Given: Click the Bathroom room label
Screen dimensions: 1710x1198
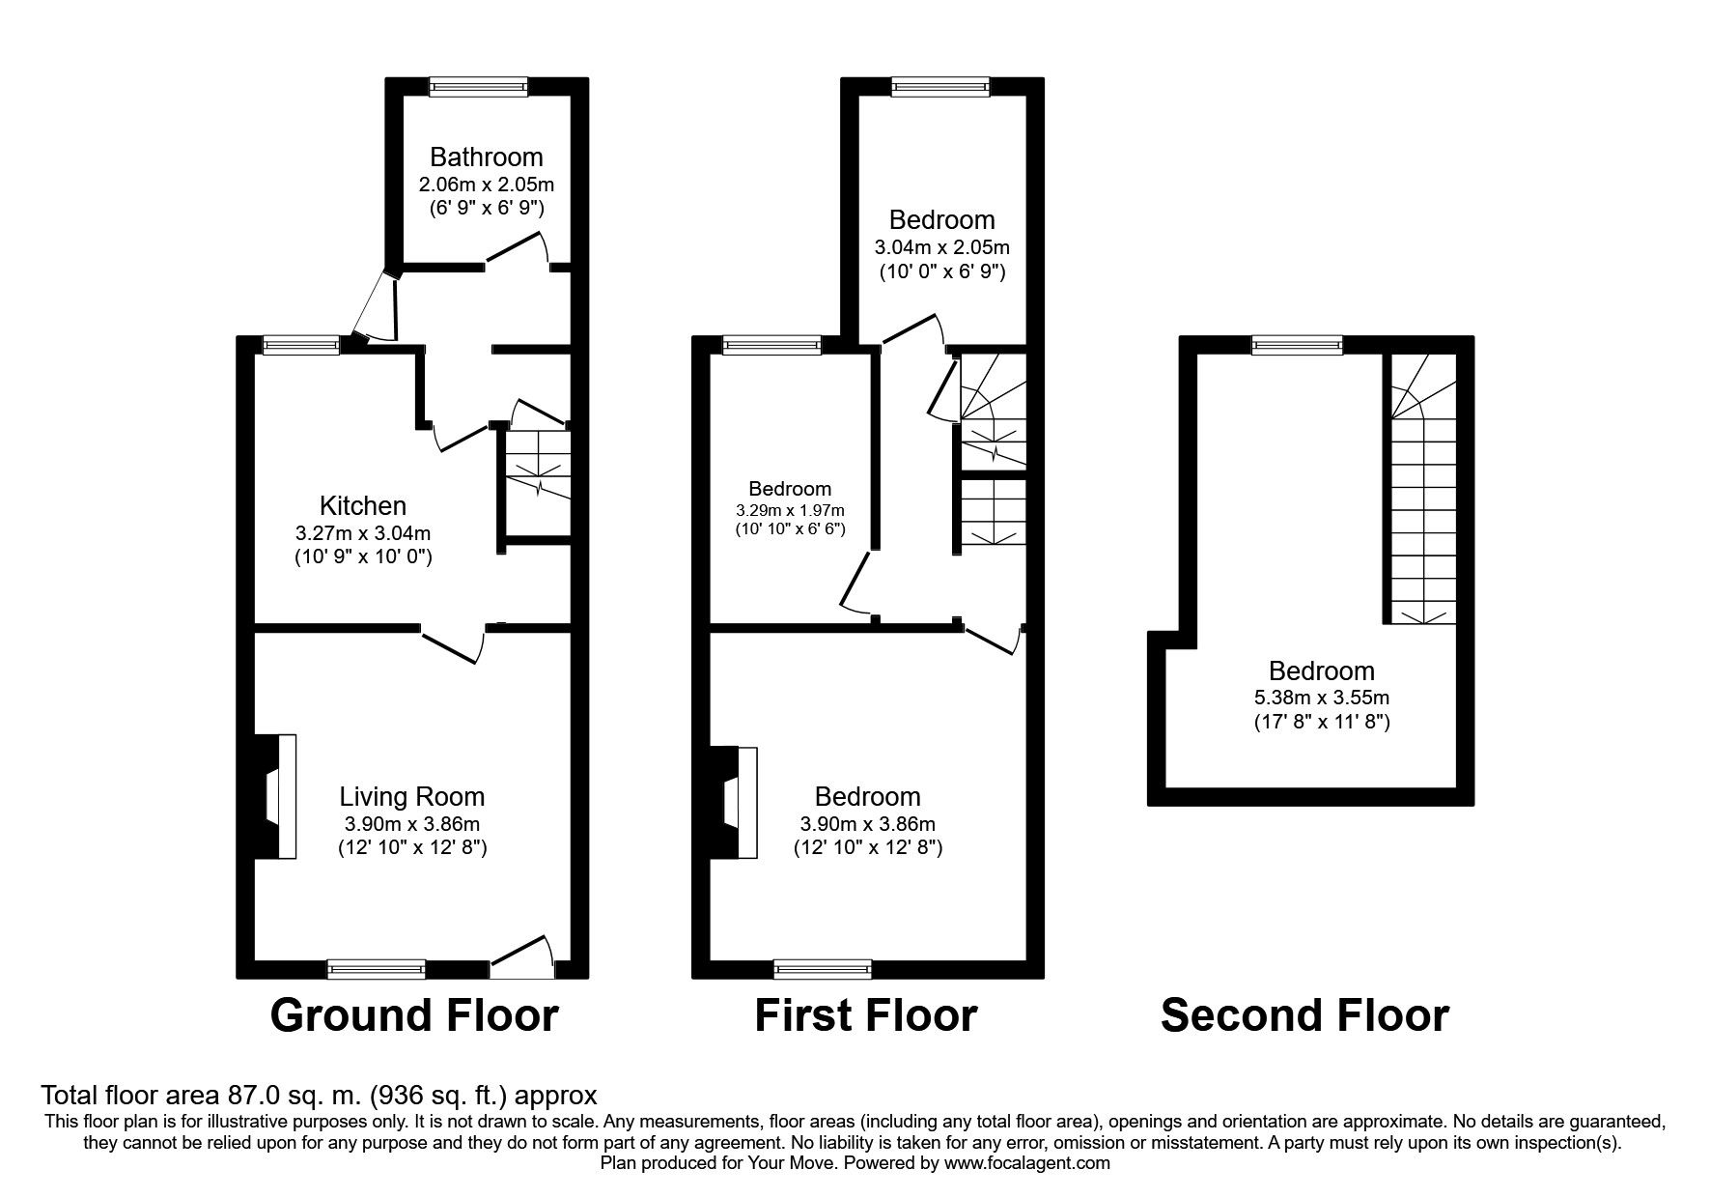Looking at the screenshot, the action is coord(487,157).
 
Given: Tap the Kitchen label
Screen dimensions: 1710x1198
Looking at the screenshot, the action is coord(363,505).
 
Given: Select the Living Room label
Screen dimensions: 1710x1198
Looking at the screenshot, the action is coord(412,797).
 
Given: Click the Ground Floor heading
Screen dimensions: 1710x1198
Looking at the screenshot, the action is coord(414,1015).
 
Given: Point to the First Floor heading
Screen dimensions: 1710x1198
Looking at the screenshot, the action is coord(865,1015).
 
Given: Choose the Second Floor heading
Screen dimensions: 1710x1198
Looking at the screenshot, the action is coord(1304,1015).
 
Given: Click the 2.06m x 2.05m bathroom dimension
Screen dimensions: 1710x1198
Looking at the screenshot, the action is coord(487,184).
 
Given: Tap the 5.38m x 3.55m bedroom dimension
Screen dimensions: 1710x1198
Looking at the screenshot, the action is coord(1322,698).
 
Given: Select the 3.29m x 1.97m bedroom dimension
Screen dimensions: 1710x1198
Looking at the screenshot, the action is coord(791,510).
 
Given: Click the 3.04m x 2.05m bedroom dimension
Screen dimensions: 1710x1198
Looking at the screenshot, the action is coord(942,247).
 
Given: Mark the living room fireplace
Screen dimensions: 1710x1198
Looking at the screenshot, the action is coord(274,797).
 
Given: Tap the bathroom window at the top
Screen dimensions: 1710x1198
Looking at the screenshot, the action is coord(479,87).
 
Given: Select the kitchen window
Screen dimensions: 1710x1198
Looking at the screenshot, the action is coord(301,344).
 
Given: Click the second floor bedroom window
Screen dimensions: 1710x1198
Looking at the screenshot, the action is coord(1298,344).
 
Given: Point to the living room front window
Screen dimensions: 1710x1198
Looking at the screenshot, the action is coord(377,969).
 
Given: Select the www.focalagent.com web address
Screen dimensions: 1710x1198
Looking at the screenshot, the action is coord(1027,1163).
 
